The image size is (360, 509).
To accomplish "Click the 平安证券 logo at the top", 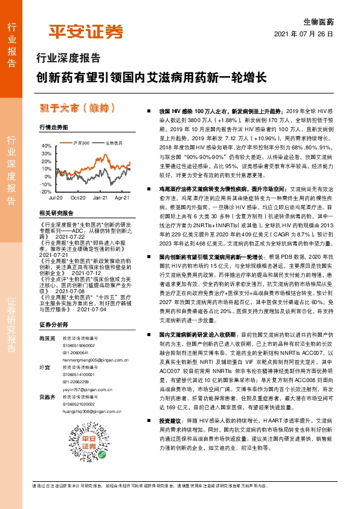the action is [85, 32].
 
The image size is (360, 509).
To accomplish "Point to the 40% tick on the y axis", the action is [47, 146].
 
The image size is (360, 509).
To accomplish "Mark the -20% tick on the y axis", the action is [46, 191].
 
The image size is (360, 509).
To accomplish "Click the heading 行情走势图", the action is [53, 128].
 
